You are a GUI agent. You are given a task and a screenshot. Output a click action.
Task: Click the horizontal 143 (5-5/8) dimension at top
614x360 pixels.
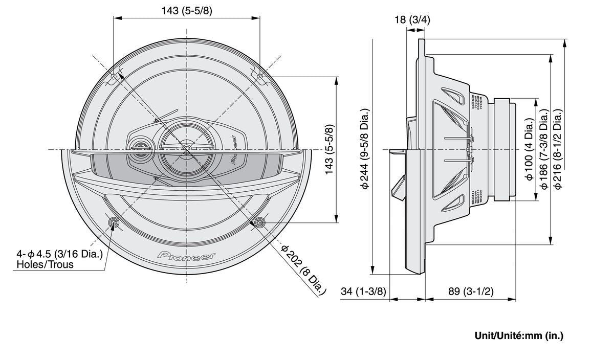[186, 11]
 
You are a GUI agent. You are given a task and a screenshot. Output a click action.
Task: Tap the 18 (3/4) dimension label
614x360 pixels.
[412, 20]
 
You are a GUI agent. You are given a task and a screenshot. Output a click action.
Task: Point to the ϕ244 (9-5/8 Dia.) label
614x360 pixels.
[365, 149]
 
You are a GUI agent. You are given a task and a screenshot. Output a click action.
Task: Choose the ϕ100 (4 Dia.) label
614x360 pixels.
[530, 149]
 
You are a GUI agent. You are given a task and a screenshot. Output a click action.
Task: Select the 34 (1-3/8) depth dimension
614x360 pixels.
[363, 291]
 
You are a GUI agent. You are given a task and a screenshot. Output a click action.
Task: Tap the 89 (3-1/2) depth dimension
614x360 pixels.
[470, 291]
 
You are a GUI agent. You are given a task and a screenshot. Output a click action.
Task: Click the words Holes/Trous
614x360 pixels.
[45, 264]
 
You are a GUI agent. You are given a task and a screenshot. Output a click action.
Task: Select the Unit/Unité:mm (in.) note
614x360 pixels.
[519, 335]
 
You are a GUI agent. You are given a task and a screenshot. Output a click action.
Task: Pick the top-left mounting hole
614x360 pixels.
[113, 77]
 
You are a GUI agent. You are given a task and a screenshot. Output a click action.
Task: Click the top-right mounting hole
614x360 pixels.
[260, 77]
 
